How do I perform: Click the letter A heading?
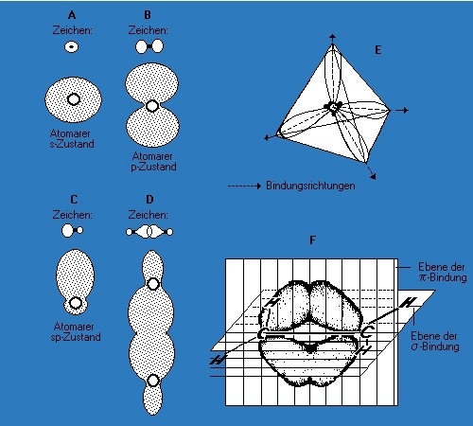pos(72,15)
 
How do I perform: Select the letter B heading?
pos(148,15)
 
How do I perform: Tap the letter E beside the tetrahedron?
pos(377,50)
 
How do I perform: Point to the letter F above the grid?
pos(312,240)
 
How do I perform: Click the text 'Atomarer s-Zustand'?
pos(72,139)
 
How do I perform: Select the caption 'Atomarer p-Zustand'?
pos(153,162)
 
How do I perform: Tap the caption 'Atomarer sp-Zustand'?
pos(76,331)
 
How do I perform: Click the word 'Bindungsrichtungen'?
pos(310,186)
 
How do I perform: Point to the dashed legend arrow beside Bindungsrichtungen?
pos(245,186)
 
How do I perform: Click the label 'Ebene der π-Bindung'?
pos(442,272)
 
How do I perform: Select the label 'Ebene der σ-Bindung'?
pos(435,341)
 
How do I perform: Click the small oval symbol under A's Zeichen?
pos(72,47)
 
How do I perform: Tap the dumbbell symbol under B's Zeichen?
pos(149,46)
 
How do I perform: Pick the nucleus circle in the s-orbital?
pos(74,99)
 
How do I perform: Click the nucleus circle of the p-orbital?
pos(152,106)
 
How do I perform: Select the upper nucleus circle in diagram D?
pos(153,284)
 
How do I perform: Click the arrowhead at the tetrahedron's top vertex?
pos(333,36)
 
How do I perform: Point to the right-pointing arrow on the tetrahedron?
pos(402,110)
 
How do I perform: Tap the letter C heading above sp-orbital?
pos(74,200)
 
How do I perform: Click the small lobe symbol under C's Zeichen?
pos(73,230)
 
